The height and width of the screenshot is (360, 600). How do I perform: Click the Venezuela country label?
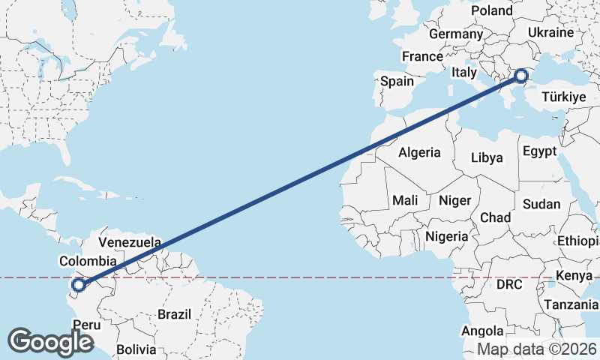pyautogui.click(x=130, y=243)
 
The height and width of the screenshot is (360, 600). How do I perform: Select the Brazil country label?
pyautogui.click(x=174, y=314)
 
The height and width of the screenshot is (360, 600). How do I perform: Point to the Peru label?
pyautogui.click(x=86, y=325)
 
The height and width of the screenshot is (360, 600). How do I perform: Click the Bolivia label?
pyautogui.click(x=136, y=349)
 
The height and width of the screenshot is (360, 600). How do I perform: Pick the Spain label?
pyautogui.click(x=397, y=81)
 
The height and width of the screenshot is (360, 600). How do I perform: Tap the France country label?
pyautogui.click(x=422, y=56)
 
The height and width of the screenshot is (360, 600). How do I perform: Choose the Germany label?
pyautogui.click(x=456, y=34)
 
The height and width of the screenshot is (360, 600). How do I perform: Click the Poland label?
pyautogui.click(x=491, y=10)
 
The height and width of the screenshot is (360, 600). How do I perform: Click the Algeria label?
pyautogui.click(x=419, y=152)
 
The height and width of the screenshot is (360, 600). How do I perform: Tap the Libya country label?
pyautogui.click(x=487, y=157)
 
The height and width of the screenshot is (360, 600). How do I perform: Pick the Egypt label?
pyautogui.click(x=540, y=151)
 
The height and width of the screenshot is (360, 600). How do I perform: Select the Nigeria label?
pyautogui.click(x=446, y=236)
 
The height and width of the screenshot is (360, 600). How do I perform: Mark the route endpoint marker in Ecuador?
pyautogui.click(x=78, y=284)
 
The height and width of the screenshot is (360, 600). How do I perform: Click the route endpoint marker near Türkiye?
pyautogui.click(x=520, y=74)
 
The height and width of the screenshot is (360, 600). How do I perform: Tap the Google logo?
pyautogui.click(x=50, y=341)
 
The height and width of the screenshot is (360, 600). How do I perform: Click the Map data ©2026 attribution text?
pyautogui.click(x=536, y=349)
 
